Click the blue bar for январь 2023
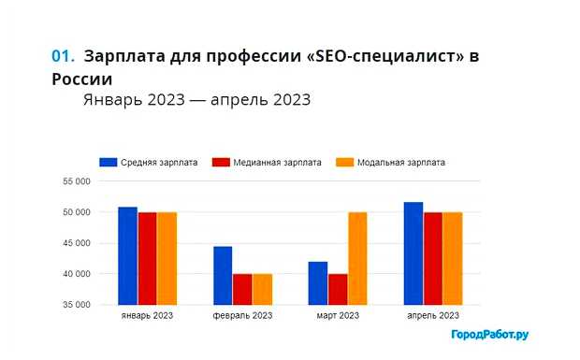click(127, 255)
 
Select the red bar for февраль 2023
click(242, 289)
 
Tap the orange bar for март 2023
click(356, 258)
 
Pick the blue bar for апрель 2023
click(413, 253)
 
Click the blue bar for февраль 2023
click(223, 275)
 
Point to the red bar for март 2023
click(338, 289)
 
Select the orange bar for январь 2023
click(167, 258)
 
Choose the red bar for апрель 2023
click(432, 258)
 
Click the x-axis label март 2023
click(337, 316)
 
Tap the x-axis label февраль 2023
click(242, 316)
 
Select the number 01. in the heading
click(64, 56)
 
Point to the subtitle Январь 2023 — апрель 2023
click(196, 99)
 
